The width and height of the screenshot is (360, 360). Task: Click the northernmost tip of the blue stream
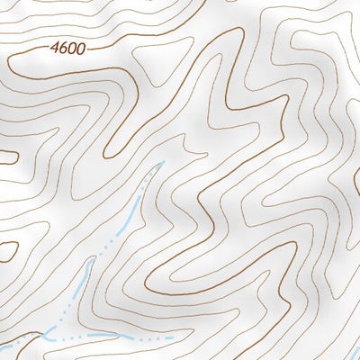coord(162,163)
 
